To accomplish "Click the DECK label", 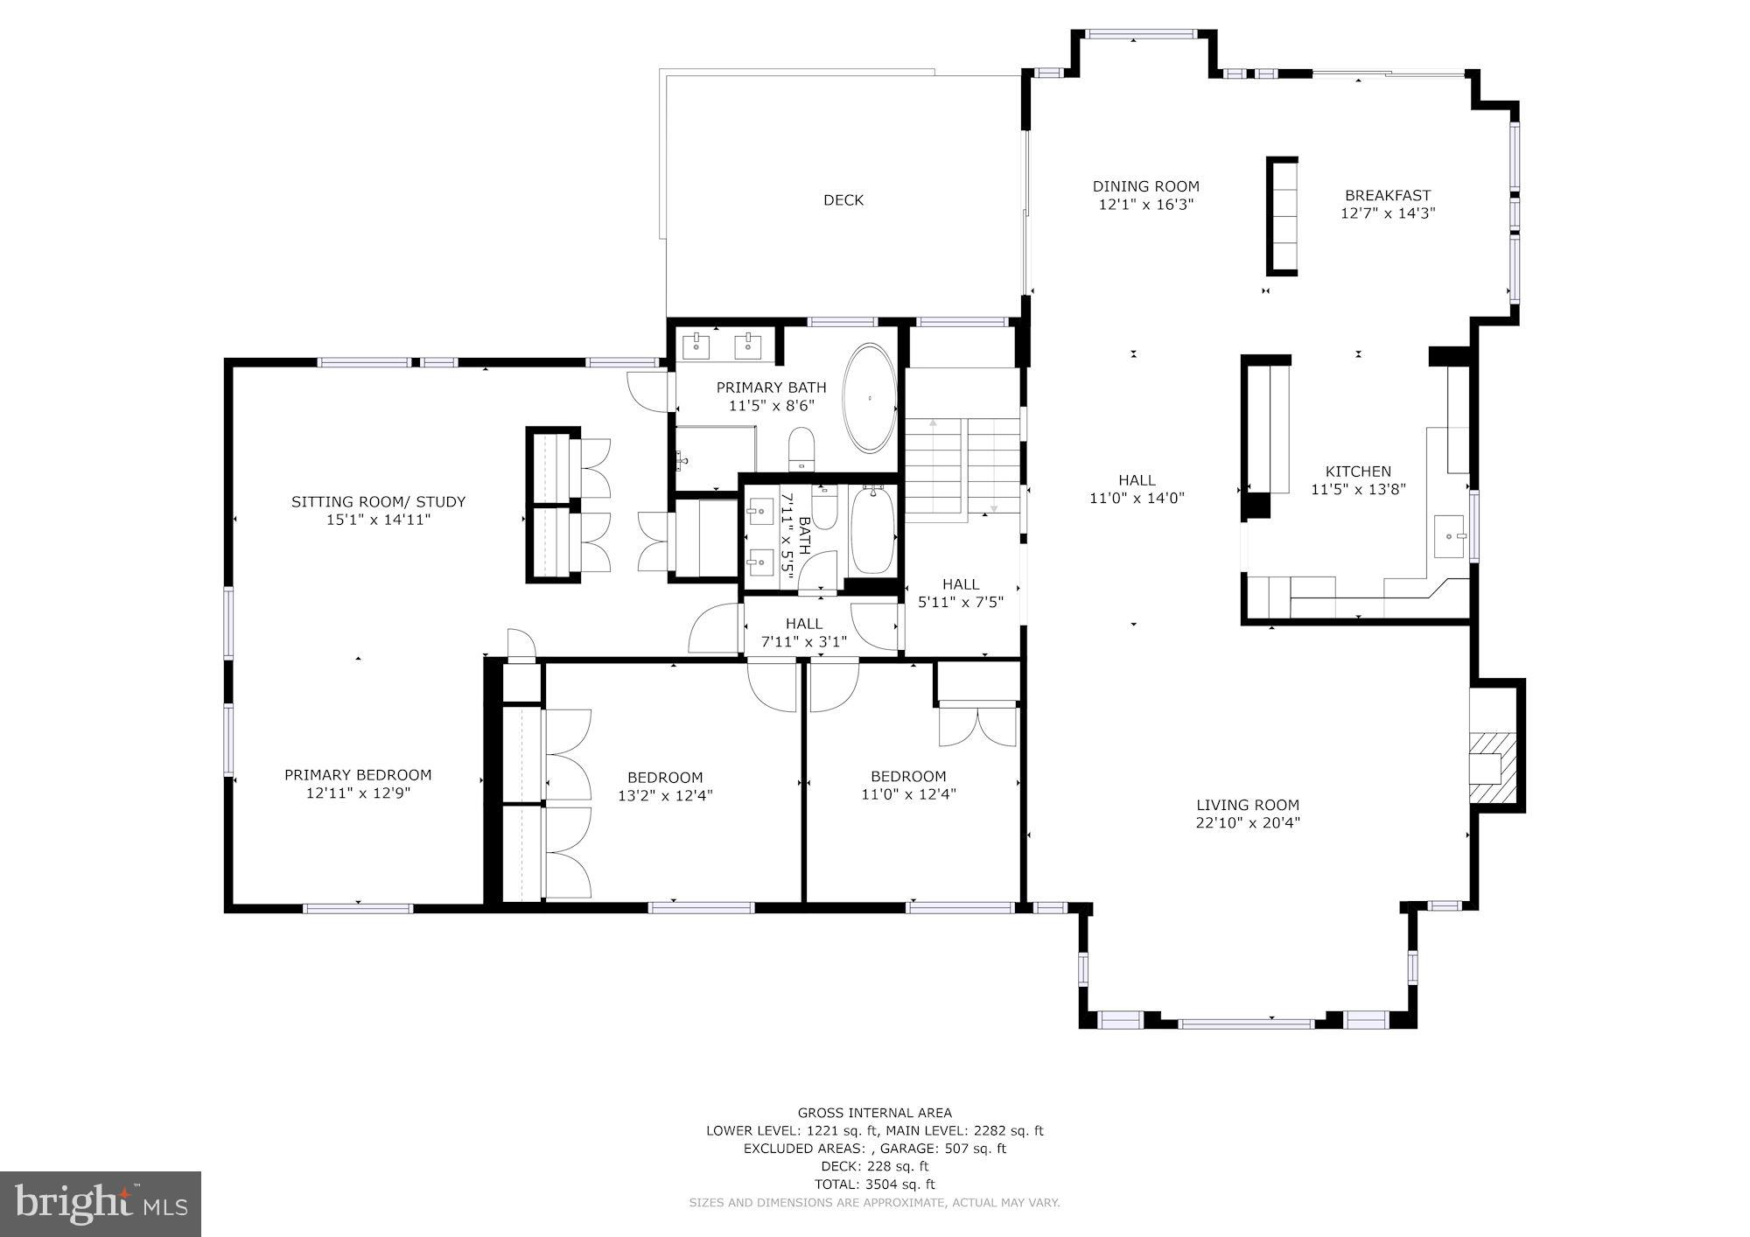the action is coord(843,200).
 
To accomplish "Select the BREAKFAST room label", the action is coord(1388,196).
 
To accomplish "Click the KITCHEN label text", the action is coord(1358,472).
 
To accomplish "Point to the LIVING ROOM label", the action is coord(1248,805).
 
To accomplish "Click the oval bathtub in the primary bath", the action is coord(870,398).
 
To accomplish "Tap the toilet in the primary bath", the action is coord(801,449).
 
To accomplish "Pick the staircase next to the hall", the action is coord(962,469).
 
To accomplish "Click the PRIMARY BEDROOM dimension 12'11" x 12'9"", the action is coord(358,793).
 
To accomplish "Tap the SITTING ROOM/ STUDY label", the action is coord(378,502).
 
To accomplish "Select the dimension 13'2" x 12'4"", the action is coord(665,796).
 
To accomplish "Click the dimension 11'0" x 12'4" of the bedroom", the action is coord(908,794).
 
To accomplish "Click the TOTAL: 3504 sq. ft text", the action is coord(874,1185).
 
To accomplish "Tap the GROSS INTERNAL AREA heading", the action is coord(874,1114).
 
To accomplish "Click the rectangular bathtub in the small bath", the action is coord(871,532).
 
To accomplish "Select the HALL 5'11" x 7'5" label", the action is coord(961,593).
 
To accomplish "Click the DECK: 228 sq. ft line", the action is coord(874,1166).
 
